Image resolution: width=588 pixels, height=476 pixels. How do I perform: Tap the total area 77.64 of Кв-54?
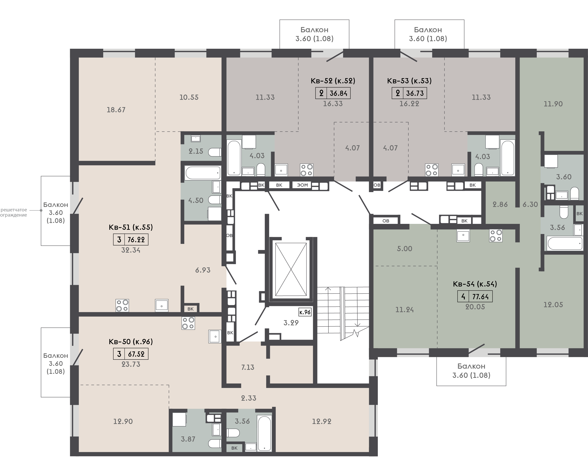[x=480, y=297]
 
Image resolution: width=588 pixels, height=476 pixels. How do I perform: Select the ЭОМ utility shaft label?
[x=302, y=185]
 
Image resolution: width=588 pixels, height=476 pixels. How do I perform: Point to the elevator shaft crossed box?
[x=291, y=269]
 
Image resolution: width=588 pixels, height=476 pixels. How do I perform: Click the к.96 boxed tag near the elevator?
[x=305, y=312]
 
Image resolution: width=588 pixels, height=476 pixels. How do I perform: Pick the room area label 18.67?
[x=116, y=110]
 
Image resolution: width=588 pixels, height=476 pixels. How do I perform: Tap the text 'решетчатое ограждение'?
[x=14, y=213]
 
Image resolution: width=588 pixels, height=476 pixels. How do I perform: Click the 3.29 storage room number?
[x=291, y=323]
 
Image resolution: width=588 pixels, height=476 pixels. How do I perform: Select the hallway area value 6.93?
[x=203, y=270]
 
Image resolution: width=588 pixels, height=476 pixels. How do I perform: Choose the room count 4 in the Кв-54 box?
[x=463, y=297]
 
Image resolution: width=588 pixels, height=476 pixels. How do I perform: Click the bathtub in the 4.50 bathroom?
[x=203, y=173]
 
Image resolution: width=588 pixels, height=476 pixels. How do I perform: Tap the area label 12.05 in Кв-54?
[x=553, y=305]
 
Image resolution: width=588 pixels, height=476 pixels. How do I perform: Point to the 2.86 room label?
[x=500, y=204]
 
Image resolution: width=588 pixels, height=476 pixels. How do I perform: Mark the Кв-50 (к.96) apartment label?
[x=131, y=341]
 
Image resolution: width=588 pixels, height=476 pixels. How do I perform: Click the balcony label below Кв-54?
[x=471, y=371]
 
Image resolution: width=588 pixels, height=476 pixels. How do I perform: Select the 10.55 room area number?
[x=189, y=97]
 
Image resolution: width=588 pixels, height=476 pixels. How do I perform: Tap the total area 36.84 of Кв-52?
[x=339, y=93]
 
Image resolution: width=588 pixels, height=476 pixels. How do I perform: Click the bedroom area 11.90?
[x=553, y=104]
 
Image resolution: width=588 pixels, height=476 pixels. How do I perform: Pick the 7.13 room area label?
[x=248, y=367]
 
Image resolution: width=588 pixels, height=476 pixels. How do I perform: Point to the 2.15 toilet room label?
[x=196, y=151]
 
